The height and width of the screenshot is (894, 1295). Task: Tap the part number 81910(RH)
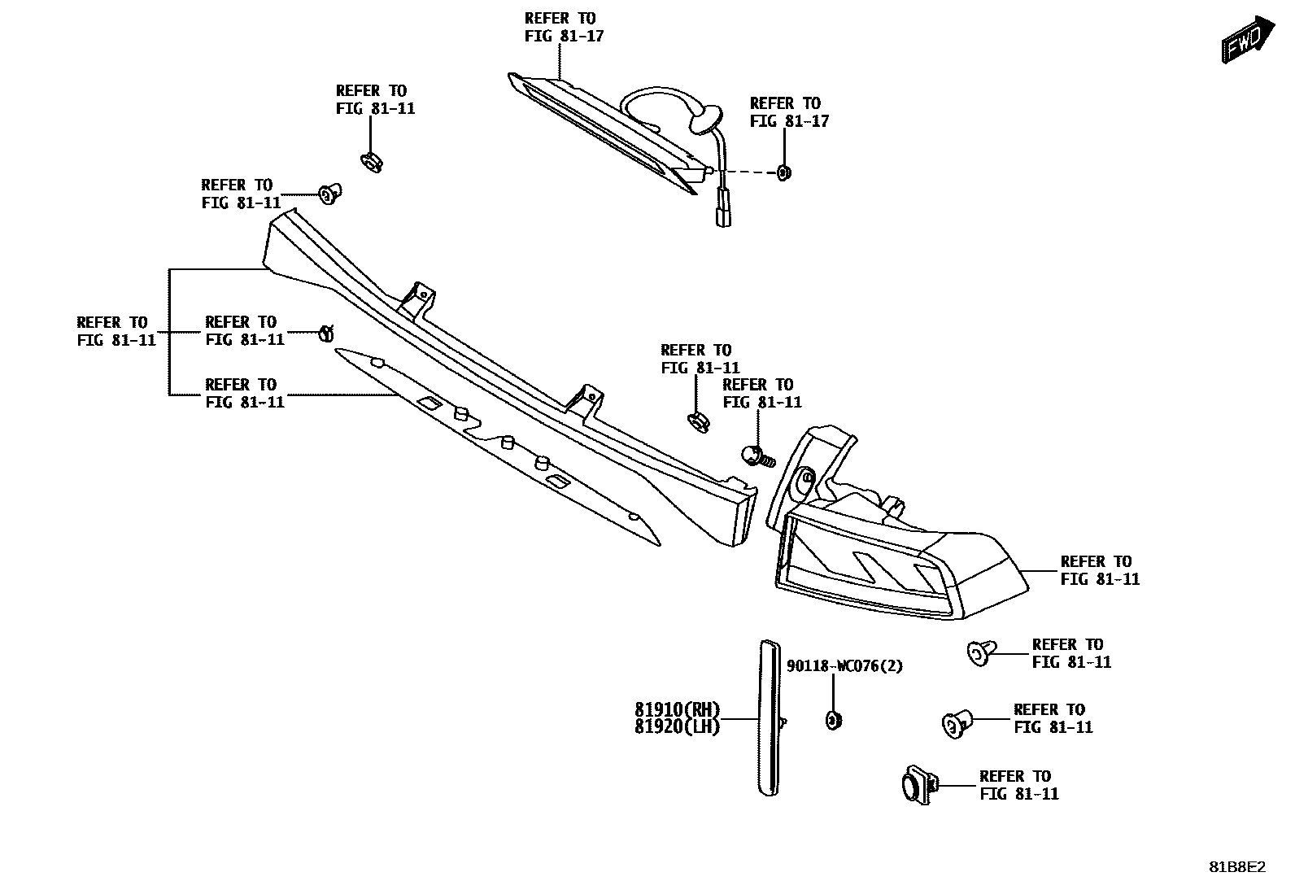677,709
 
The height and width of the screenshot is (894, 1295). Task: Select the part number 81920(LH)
677,727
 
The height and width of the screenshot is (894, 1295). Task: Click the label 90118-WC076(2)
844,666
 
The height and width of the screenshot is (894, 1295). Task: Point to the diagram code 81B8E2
1237,867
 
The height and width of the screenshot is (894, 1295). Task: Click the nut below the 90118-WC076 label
833,719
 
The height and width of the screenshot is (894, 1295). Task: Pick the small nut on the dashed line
784,172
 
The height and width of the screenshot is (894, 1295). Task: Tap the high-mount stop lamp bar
602,130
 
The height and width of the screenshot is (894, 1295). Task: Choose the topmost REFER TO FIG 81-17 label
563,27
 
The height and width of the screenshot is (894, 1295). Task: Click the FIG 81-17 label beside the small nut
788,112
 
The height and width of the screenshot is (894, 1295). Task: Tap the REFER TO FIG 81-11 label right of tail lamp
1099,570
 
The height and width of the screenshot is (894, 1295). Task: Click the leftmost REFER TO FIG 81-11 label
116,331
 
